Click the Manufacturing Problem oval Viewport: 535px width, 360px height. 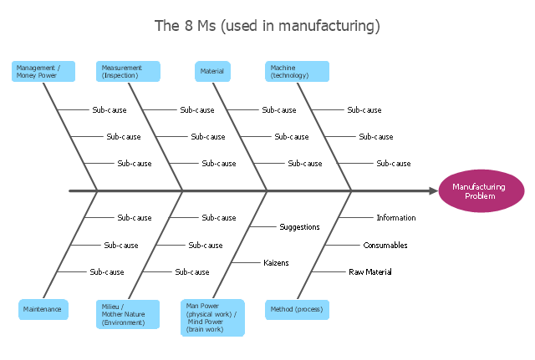(x=479, y=191)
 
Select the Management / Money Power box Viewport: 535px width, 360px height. (x=43, y=72)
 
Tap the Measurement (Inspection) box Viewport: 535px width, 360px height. (x=128, y=72)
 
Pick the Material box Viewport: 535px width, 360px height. (x=212, y=72)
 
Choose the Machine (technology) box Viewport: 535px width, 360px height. (x=297, y=72)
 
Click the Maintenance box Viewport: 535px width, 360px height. (x=43, y=309)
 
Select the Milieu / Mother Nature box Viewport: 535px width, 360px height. (x=127, y=314)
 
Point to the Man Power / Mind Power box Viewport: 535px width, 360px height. (x=212, y=317)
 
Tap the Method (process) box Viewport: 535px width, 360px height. (x=296, y=309)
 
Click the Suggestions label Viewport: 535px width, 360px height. (x=299, y=226)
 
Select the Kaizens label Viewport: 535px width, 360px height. (x=276, y=262)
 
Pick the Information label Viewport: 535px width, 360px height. (x=395, y=218)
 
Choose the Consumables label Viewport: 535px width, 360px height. (x=385, y=246)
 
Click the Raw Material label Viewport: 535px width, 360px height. (x=369, y=272)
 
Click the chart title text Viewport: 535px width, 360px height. (x=267, y=26)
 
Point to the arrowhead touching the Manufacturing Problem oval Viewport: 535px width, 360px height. (x=432, y=191)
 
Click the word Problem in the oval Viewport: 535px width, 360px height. (x=479, y=196)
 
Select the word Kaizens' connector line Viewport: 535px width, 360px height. (x=244, y=262)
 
